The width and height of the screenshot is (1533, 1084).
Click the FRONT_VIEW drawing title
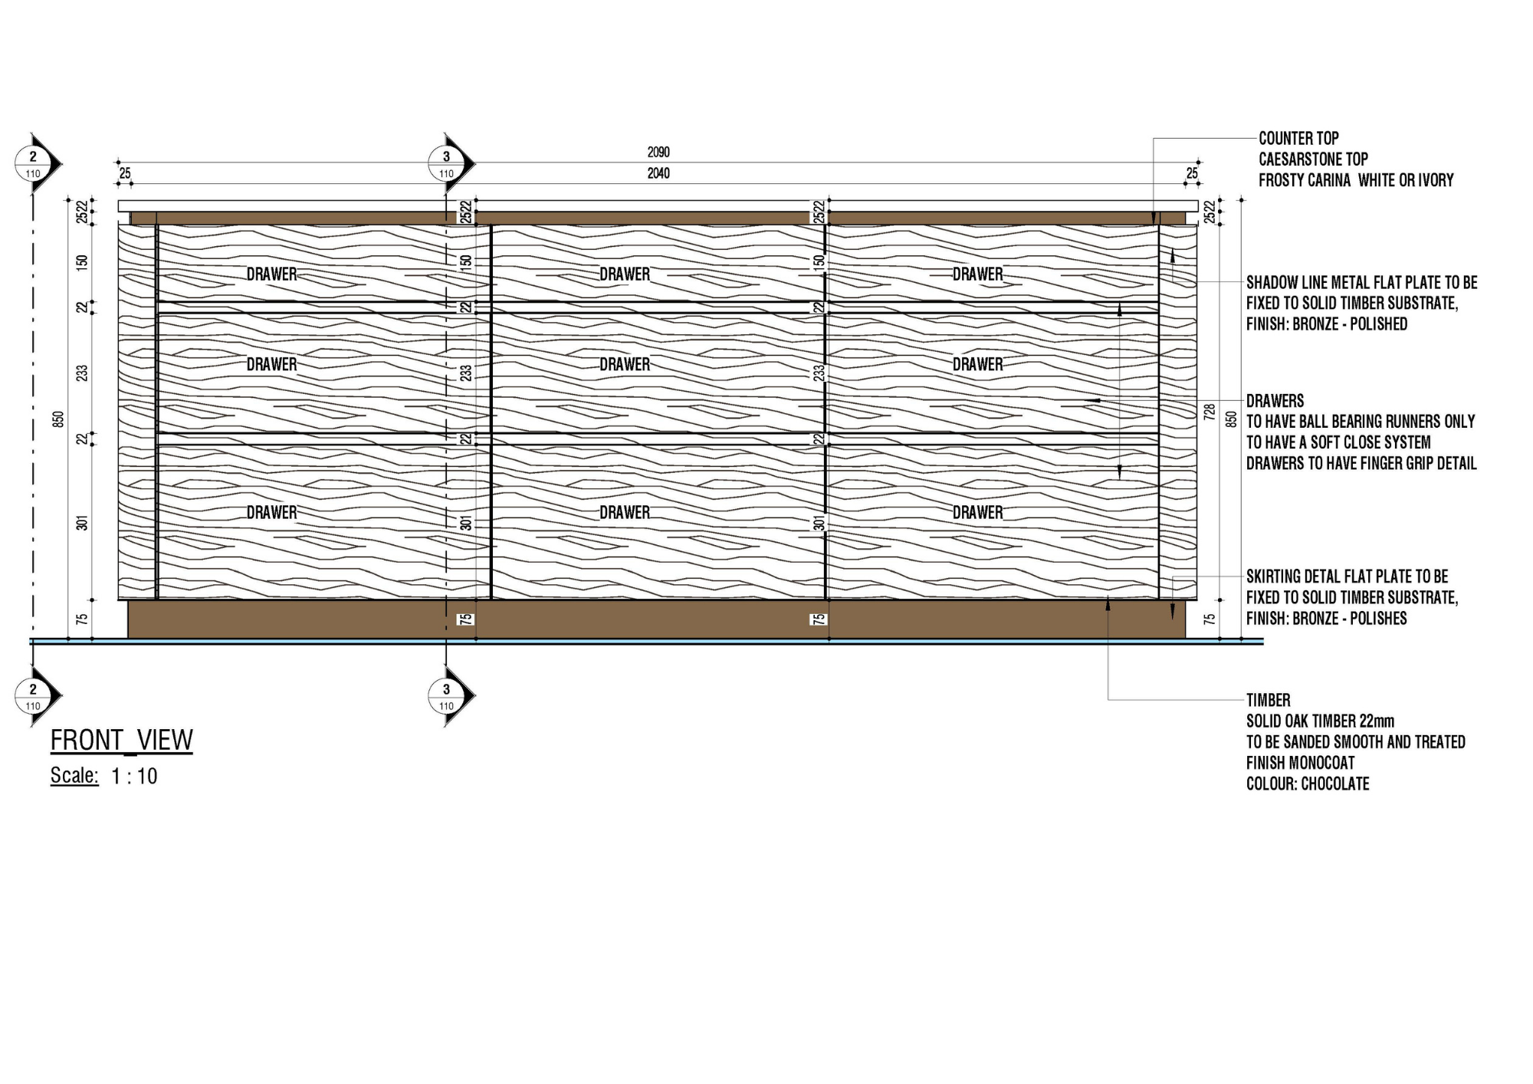pyautogui.click(x=121, y=741)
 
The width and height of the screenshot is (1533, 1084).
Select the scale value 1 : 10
pyautogui.click(x=134, y=777)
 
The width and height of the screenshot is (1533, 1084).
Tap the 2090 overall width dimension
pyautogui.click(x=658, y=153)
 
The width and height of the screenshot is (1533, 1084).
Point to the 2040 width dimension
pyautogui.click(x=658, y=174)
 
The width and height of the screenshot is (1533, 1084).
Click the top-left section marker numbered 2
pyautogui.click(x=33, y=163)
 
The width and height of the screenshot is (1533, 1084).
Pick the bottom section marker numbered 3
pyautogui.click(x=447, y=695)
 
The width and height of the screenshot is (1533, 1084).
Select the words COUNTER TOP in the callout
pyautogui.click(x=1298, y=139)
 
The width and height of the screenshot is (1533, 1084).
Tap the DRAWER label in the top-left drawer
pyautogui.click(x=271, y=274)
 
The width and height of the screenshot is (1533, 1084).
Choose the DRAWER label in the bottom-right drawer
pyautogui.click(x=977, y=513)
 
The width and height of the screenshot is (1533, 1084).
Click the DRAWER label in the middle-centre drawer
pyautogui.click(x=625, y=365)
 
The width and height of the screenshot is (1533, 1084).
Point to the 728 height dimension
pyautogui.click(x=1210, y=412)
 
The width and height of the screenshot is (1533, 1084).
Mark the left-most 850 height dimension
pyautogui.click(x=59, y=419)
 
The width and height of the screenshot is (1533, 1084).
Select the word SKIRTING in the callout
pyautogui.click(x=1275, y=576)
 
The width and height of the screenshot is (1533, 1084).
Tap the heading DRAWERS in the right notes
pyautogui.click(x=1275, y=401)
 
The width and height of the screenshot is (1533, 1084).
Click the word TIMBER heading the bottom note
pyautogui.click(x=1268, y=700)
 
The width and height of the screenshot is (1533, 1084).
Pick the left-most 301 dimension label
pyautogui.click(x=82, y=523)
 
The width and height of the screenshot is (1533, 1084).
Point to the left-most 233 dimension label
pyautogui.click(x=82, y=373)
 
